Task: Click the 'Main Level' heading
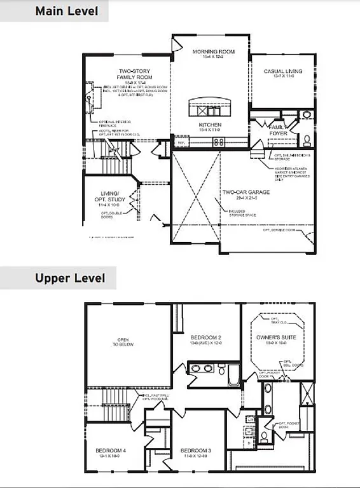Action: (67, 11)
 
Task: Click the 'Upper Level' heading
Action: (69, 278)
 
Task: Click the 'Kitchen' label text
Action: (210, 125)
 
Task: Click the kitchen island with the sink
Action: (211, 107)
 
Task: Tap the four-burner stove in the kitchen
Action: (218, 142)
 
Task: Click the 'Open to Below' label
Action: (120, 344)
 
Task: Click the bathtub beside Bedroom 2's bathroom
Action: (233, 375)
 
